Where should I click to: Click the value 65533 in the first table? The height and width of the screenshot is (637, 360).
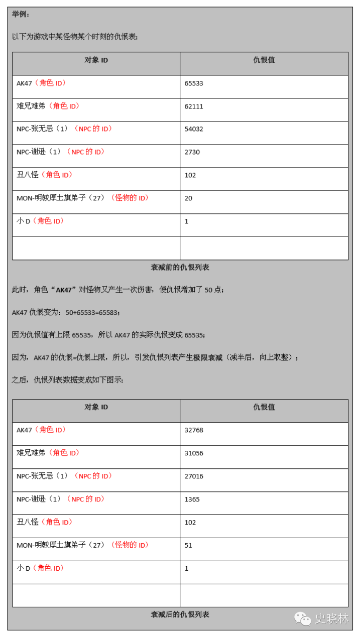[194, 83]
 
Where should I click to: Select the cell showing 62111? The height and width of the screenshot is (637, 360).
[194, 106]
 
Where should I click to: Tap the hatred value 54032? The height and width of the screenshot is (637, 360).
[194, 129]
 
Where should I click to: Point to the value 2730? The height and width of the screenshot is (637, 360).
[192, 152]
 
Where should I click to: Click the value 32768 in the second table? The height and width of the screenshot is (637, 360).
[194, 430]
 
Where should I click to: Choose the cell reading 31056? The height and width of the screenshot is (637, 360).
[194, 453]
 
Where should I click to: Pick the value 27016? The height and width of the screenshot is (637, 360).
[194, 476]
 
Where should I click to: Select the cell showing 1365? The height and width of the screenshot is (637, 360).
[192, 499]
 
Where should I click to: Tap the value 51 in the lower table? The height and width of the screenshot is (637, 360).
[188, 545]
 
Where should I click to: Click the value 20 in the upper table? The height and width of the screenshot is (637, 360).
[188, 198]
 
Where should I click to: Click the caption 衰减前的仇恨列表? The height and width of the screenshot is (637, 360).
[180, 268]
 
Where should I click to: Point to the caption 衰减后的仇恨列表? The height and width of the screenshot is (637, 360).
[180, 614]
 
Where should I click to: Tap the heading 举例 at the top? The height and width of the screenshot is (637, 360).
[21, 14]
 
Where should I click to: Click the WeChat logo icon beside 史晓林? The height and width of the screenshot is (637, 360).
[303, 619]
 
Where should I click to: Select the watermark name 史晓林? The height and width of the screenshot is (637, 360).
[331, 619]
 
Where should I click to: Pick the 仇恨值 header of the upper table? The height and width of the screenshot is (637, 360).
[264, 60]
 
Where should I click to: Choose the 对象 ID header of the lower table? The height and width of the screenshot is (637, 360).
[96, 407]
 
